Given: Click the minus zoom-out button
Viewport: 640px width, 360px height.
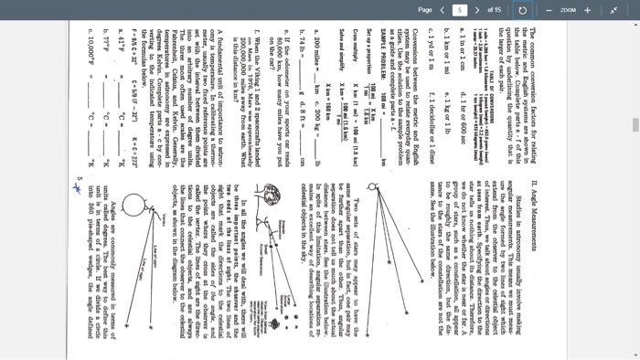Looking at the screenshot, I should tap(550, 10).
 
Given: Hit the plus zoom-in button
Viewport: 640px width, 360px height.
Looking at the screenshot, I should tap(588, 10).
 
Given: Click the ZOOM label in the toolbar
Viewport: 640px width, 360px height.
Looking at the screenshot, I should tap(569, 10).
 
